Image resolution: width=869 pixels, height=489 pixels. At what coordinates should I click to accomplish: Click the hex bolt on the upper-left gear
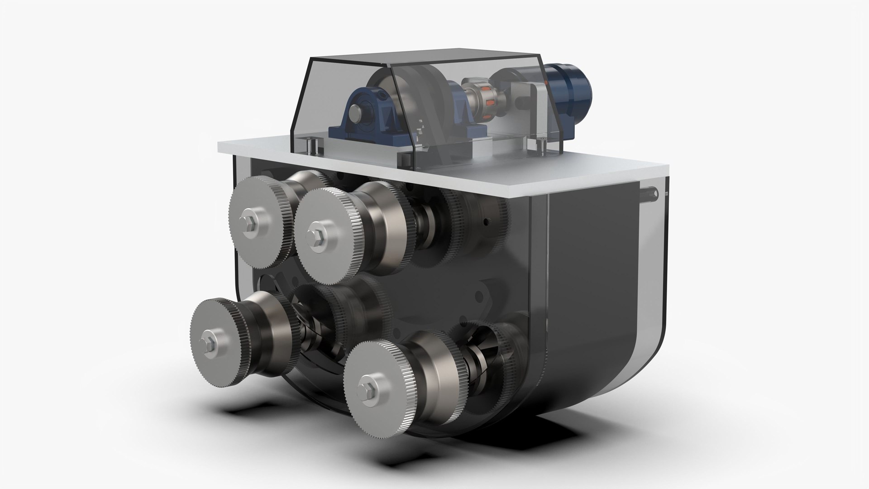pyautogui.click(x=249, y=229)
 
